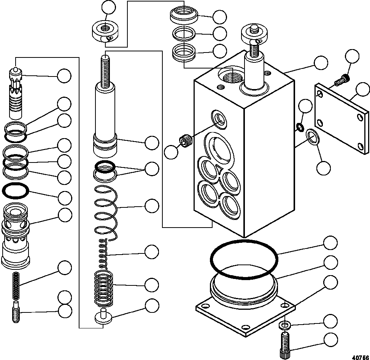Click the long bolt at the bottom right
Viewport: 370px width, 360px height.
(x=285, y=344)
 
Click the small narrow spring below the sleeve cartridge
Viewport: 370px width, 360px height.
(x=16, y=285)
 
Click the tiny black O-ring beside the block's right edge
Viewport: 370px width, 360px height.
(x=299, y=127)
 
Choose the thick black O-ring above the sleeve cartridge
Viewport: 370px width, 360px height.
(x=16, y=190)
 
